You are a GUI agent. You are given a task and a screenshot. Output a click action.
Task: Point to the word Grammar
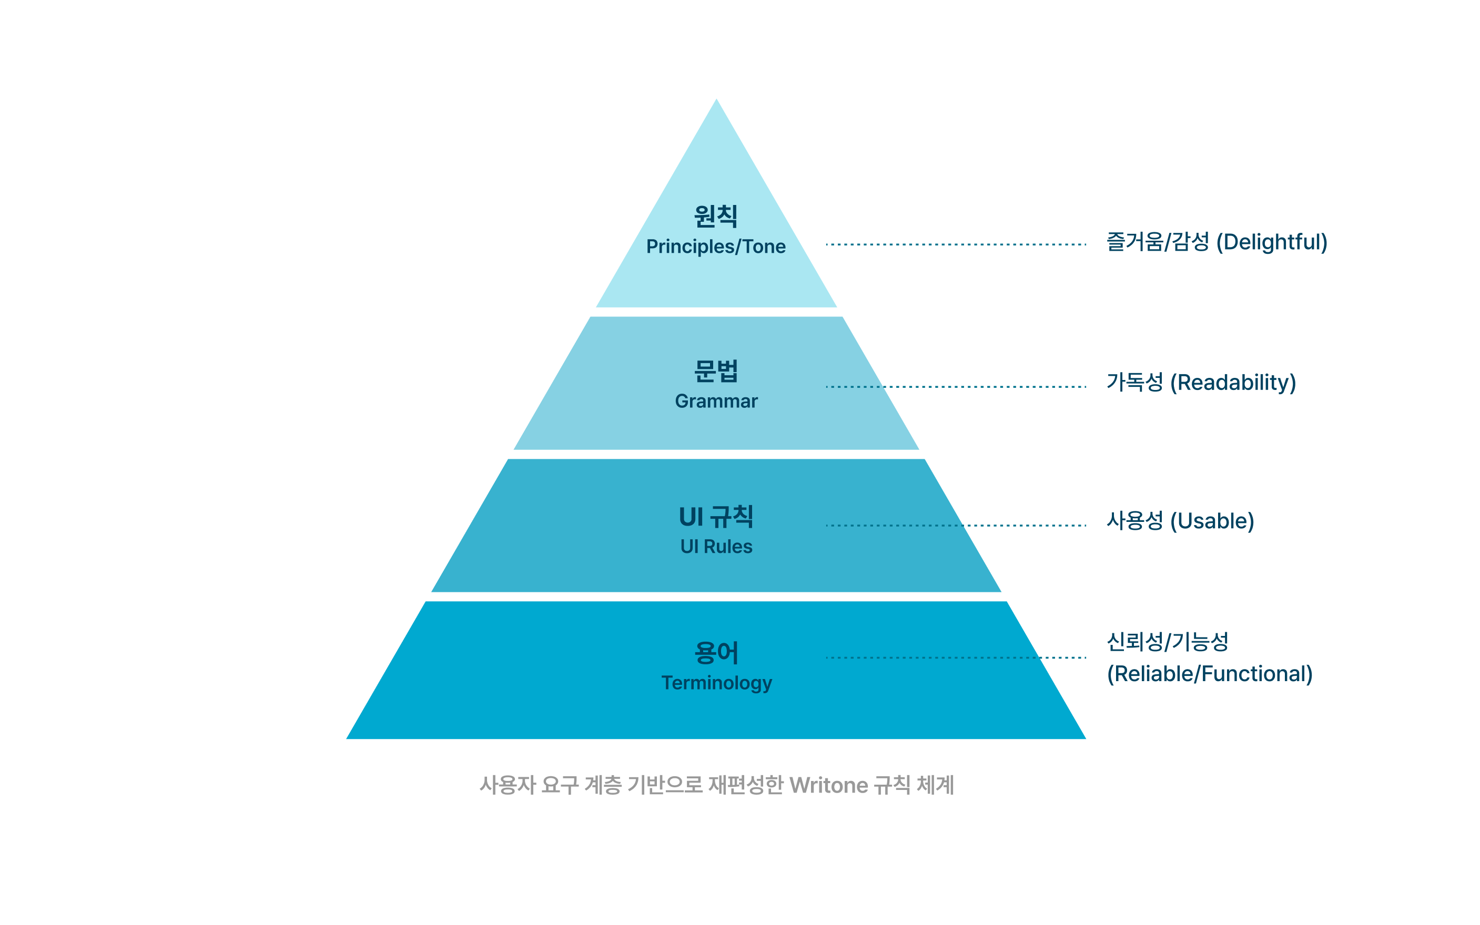click(716, 402)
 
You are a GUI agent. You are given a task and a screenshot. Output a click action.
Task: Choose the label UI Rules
click(716, 546)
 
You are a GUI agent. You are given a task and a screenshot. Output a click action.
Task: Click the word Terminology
click(717, 683)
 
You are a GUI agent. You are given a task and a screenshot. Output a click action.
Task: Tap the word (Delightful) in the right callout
click(1271, 242)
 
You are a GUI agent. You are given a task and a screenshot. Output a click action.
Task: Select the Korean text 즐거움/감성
click(1158, 241)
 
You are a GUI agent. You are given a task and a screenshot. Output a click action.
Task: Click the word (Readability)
click(1233, 383)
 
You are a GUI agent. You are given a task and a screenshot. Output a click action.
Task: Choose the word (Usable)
click(1212, 521)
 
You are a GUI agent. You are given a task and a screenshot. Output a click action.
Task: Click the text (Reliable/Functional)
click(1210, 674)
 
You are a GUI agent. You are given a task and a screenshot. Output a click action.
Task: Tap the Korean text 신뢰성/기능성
click(1167, 642)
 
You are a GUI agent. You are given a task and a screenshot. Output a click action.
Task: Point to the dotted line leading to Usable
click(956, 526)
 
